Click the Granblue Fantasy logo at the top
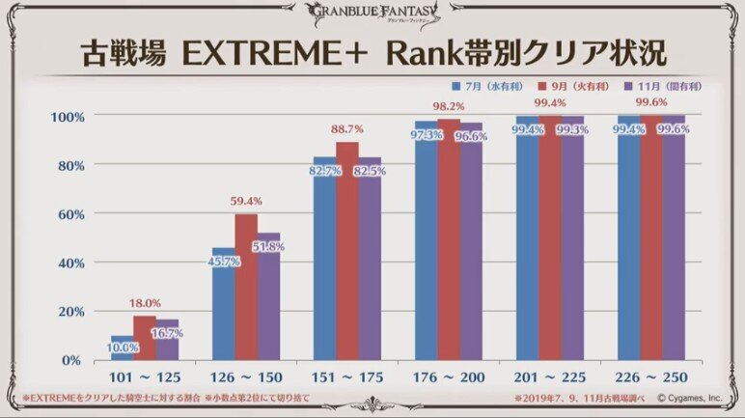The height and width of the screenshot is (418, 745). click(x=372, y=13)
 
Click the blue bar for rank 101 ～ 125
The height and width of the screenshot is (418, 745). click(x=122, y=348)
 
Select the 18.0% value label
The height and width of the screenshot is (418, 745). click(x=145, y=304)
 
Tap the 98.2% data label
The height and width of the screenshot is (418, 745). click(x=449, y=107)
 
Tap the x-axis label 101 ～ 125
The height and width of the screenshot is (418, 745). click(x=145, y=377)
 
